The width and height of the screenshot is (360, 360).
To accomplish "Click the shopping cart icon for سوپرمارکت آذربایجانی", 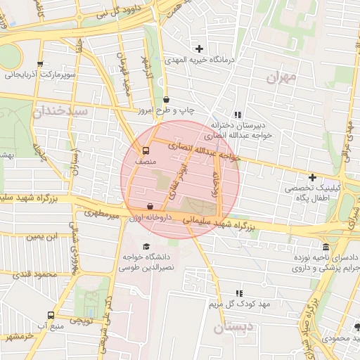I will point(40,63).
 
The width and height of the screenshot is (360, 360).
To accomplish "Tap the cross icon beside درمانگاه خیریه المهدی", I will point(200,49).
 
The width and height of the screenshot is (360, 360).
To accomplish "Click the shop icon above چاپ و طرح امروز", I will point(166,100).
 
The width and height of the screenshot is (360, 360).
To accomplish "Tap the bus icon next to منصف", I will point(146,150).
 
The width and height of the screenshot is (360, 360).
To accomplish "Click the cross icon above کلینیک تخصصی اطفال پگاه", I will point(312,178).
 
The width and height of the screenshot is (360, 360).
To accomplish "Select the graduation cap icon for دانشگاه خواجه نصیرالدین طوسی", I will point(146,246).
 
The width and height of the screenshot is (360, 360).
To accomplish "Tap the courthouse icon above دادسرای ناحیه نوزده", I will point(326,247).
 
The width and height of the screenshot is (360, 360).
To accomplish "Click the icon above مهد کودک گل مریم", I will point(239,292).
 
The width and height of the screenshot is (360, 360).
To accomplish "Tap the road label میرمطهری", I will point(102,212).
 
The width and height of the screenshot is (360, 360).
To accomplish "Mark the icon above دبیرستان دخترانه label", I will point(238,115).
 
